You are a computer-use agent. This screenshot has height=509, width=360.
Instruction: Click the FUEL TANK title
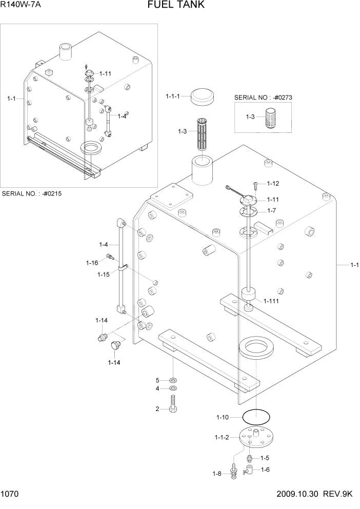tap(176, 5)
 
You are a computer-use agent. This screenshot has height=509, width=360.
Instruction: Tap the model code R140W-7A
tap(21, 5)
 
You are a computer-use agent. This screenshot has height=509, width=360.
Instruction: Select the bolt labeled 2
tap(174, 403)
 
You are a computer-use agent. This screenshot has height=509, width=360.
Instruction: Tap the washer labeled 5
tap(173, 380)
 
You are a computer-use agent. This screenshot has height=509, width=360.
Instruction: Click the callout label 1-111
tap(271, 301)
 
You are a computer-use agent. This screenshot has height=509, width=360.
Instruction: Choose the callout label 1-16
tap(92, 263)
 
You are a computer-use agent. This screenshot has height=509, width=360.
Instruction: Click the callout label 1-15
tap(104, 275)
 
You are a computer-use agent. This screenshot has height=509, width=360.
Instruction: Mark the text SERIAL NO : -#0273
tap(262, 97)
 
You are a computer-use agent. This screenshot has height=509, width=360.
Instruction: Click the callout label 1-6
tap(265, 469)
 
